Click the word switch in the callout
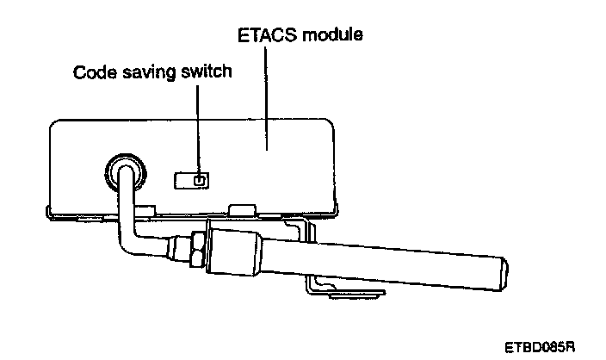[x=209, y=71]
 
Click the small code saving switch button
[x=199, y=181]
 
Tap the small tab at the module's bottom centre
[x=243, y=209]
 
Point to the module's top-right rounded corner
[x=331, y=125]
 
